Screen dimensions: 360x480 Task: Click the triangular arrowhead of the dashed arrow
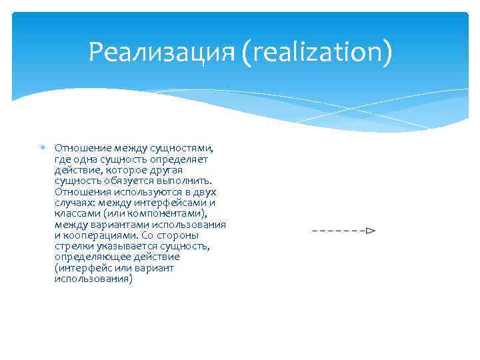point(371,231)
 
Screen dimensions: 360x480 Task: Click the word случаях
point(73,203)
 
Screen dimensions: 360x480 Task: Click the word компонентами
point(166,213)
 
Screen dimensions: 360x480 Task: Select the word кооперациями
point(96,235)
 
